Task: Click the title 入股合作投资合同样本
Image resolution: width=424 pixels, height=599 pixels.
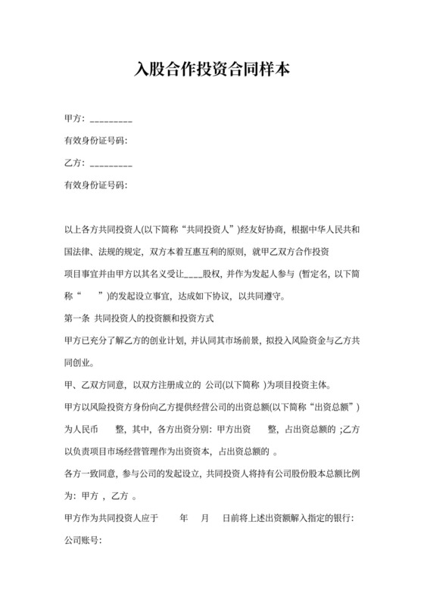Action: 211,70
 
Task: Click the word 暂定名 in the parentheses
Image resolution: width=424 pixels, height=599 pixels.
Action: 316,273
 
